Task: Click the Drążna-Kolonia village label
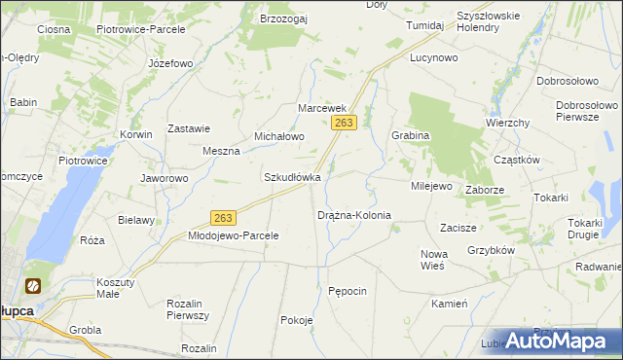tap(354, 215)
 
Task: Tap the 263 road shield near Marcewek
tap(345, 123)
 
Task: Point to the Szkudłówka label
tap(292, 178)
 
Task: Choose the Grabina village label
tap(410, 136)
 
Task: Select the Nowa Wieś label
tap(432, 260)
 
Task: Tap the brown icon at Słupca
tap(32, 286)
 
